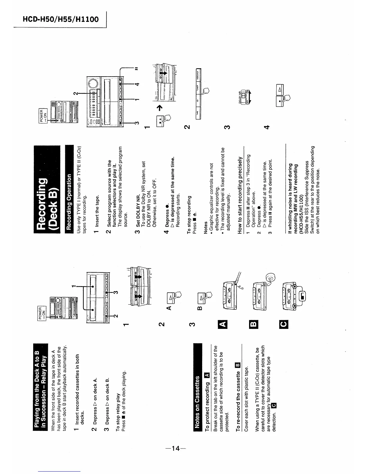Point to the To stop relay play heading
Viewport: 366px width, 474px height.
click(118, 413)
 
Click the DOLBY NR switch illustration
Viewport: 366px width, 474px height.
click(244, 96)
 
